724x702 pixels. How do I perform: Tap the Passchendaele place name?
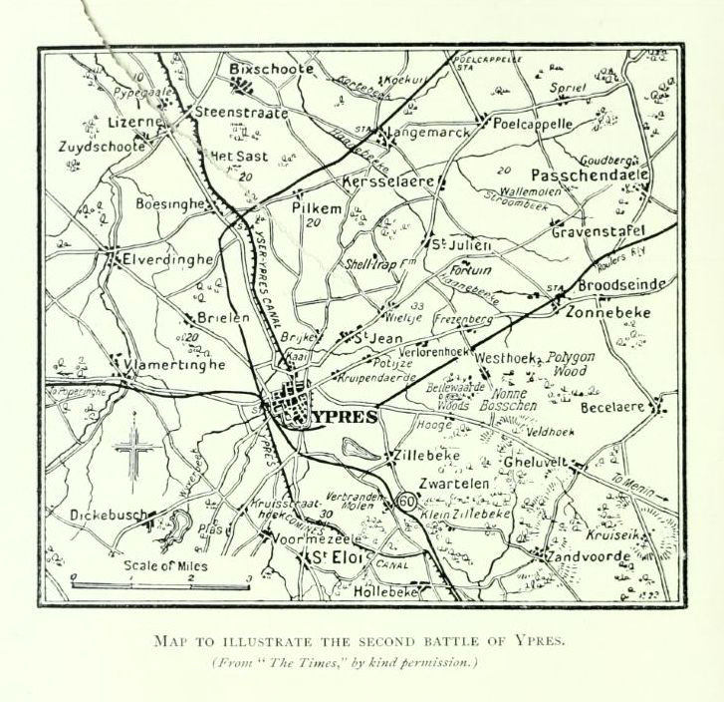589,175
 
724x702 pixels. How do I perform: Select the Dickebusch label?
109,516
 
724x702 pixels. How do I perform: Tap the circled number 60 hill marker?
405,501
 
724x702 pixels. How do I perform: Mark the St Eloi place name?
337,555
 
